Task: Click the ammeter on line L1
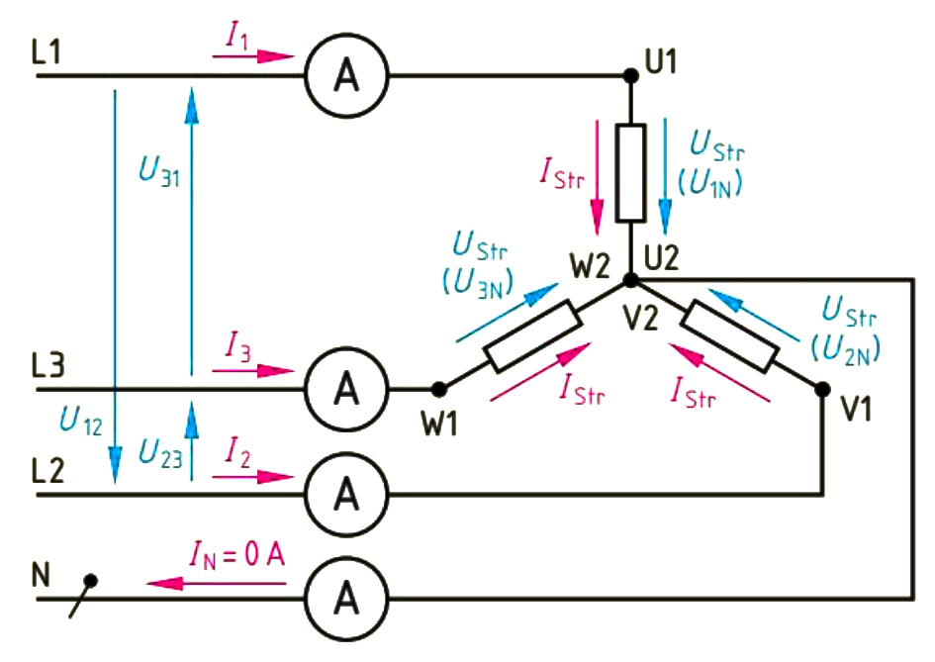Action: point(346,74)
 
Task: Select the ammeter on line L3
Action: point(346,388)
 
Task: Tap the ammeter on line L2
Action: point(346,492)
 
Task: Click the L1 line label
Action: point(46,55)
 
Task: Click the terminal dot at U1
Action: point(630,74)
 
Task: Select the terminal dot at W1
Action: point(438,388)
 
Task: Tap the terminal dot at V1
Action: point(822,389)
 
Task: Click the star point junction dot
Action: point(630,281)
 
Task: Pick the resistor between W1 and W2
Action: point(534,336)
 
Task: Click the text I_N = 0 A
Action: point(237,556)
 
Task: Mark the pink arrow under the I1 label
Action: point(253,56)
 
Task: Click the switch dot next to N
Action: point(91,581)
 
